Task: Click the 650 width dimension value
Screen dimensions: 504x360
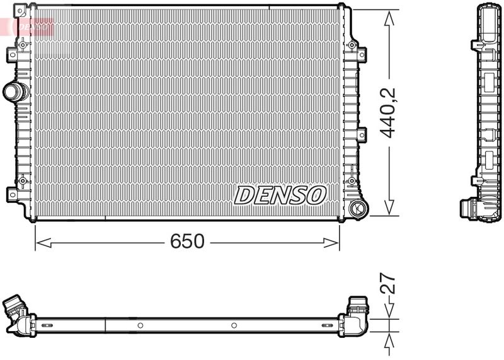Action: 187,241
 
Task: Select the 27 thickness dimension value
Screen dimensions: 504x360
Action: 387,283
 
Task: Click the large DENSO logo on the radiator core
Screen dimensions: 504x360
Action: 280,195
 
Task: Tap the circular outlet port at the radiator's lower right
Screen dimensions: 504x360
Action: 357,209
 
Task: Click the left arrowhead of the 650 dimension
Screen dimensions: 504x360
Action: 43,243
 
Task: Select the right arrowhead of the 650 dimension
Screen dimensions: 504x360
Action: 331,243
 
